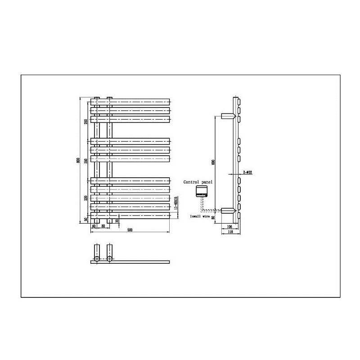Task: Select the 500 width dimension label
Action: click(x=130, y=230)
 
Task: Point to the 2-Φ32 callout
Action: click(x=247, y=172)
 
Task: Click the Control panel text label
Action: click(x=198, y=182)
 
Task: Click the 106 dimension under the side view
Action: click(x=230, y=227)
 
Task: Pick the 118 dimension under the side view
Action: click(x=230, y=233)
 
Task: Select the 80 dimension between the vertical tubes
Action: click(x=103, y=226)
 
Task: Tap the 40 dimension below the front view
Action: click(x=94, y=226)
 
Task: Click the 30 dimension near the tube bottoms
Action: click(x=117, y=220)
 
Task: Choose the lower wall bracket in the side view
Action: click(x=228, y=210)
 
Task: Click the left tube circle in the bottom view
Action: click(x=97, y=259)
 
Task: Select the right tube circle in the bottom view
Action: click(x=109, y=259)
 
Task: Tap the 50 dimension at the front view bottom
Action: click(x=85, y=220)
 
